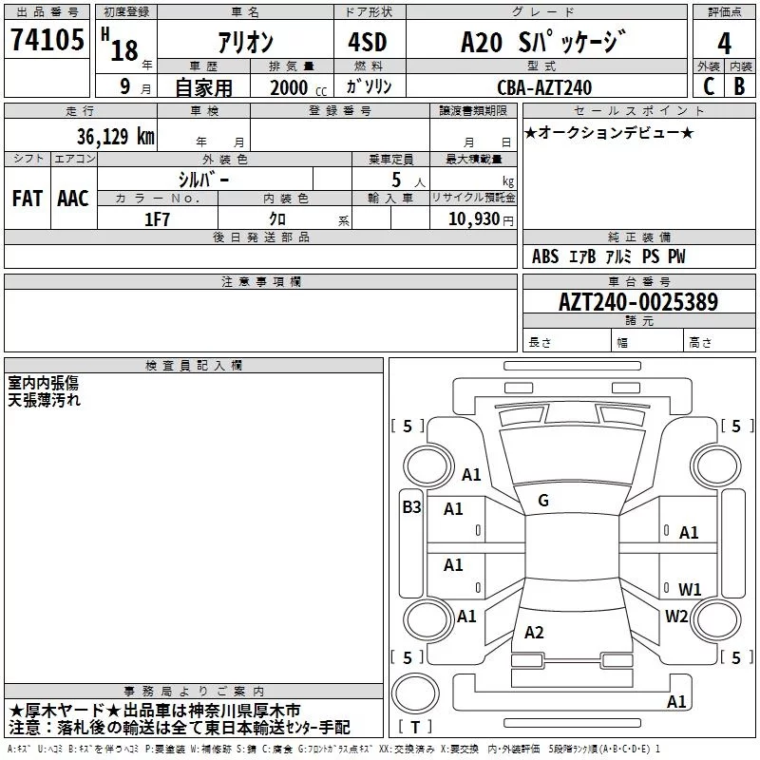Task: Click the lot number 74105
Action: click(x=47, y=40)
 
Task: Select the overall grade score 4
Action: click(x=724, y=44)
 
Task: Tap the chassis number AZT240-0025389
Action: click(x=638, y=302)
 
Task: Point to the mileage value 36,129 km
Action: click(x=116, y=137)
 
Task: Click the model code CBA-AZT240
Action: click(x=544, y=87)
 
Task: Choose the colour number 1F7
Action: click(x=157, y=219)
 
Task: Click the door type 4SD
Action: click(x=368, y=42)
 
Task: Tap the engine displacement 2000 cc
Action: click(x=298, y=88)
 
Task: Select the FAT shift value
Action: click(x=28, y=199)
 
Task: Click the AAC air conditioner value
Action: click(x=73, y=199)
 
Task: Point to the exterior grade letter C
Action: click(x=709, y=86)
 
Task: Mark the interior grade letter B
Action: click(x=740, y=86)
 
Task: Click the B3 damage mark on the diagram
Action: click(x=411, y=507)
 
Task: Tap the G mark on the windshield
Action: click(x=543, y=501)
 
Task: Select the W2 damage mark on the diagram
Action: click(x=676, y=616)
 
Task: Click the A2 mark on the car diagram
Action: click(x=534, y=632)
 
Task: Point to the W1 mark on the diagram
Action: click(x=690, y=589)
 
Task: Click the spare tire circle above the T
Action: click(x=415, y=693)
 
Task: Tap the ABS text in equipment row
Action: click(x=545, y=256)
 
